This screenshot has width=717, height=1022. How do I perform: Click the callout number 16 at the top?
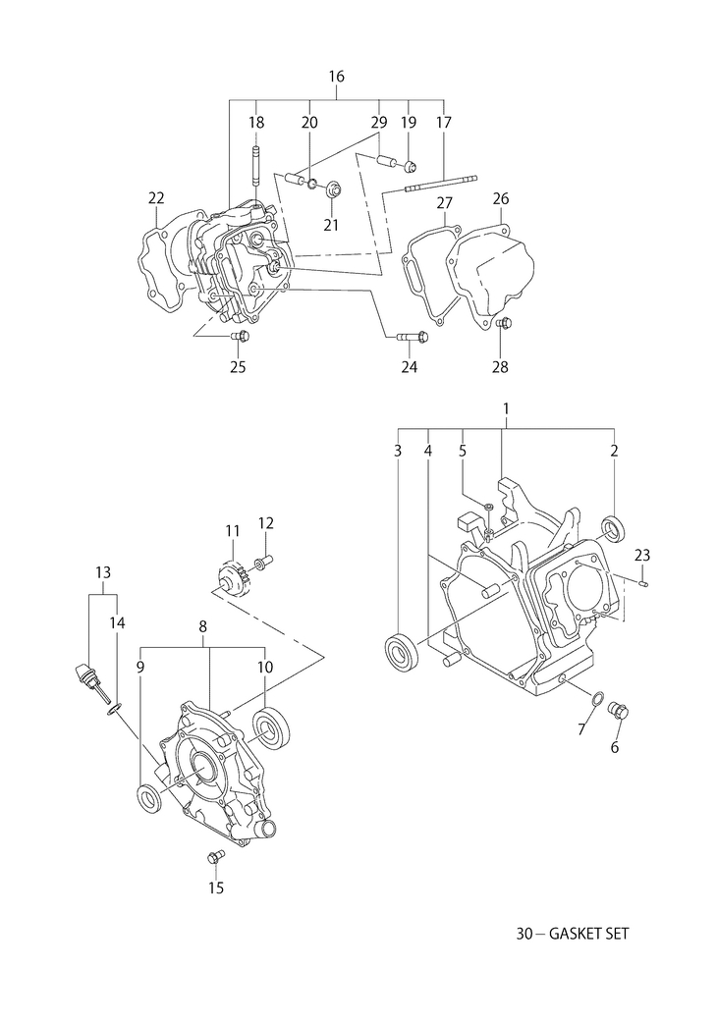pos(336,77)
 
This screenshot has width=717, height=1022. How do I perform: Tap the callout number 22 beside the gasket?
pos(156,197)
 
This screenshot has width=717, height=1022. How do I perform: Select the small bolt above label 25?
pos(241,337)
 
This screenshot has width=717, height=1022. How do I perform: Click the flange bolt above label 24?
pos(412,337)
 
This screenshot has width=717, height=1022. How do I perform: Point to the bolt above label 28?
pos(504,322)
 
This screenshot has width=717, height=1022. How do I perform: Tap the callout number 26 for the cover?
pos(501,197)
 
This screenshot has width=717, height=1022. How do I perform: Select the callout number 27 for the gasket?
pos(444,202)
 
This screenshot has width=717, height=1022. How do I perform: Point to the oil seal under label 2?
pos(614,528)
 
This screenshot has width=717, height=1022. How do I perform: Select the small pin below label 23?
pos(642,582)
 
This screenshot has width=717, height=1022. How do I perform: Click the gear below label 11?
pos(232,576)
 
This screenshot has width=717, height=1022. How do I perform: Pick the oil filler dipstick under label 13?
pos(88,681)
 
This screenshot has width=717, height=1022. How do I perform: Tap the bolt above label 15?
pos(214,857)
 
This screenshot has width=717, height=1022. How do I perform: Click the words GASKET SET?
pos(589,934)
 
